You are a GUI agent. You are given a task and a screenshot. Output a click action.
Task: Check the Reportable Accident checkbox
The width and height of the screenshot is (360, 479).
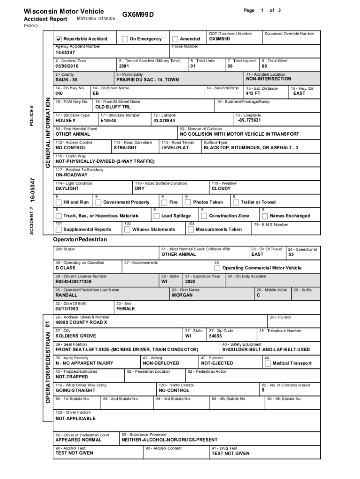click(x=59, y=39)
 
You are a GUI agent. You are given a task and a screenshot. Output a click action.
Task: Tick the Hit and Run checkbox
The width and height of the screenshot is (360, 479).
click(x=58, y=203)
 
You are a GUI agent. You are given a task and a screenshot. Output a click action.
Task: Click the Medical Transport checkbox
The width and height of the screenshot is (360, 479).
click(x=268, y=363)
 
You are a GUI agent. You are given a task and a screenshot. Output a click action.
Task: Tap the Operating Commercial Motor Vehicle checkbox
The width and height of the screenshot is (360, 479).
click(x=217, y=269)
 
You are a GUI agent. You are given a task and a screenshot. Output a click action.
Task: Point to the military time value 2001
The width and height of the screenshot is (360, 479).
click(x=124, y=66)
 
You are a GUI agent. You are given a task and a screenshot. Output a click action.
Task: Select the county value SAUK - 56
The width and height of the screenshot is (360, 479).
click(x=67, y=80)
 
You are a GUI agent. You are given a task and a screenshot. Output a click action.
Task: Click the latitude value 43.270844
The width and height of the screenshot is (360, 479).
click(x=164, y=121)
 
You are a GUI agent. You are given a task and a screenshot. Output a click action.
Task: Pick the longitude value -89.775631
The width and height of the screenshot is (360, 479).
click(x=249, y=120)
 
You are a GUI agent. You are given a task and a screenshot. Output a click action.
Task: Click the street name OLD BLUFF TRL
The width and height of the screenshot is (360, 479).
click(x=110, y=107)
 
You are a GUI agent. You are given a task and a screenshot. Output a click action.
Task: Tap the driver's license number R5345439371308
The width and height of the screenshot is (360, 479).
click(x=73, y=282)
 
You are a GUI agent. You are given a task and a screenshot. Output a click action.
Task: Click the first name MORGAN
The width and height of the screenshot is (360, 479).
click(x=182, y=296)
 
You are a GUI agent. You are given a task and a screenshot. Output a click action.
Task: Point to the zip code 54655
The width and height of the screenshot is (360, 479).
click(x=216, y=336)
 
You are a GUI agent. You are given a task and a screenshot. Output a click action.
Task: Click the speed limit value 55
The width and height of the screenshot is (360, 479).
click(x=291, y=255)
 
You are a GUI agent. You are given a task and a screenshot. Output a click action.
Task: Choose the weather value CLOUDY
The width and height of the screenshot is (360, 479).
click(x=221, y=189)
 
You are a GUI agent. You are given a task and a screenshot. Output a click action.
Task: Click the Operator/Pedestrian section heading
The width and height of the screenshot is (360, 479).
click(x=80, y=239)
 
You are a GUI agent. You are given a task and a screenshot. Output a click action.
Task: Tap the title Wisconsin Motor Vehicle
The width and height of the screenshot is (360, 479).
click(x=64, y=11)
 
